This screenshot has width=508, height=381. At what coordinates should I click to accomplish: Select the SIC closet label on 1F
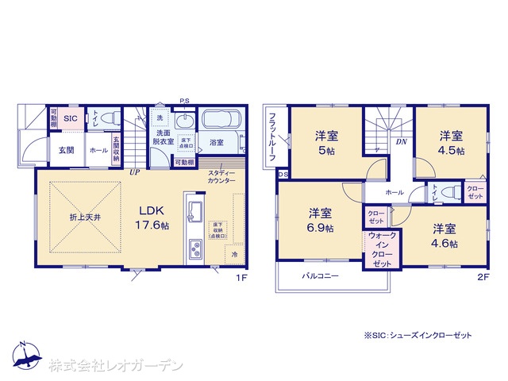click(x=70, y=118)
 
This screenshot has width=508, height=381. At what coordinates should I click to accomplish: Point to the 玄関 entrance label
click(x=65, y=149)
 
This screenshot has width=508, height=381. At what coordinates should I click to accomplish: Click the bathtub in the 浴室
click(x=225, y=121)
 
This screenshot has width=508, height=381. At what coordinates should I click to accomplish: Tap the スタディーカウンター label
click(x=221, y=177)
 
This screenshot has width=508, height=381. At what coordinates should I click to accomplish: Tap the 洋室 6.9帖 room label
click(x=321, y=220)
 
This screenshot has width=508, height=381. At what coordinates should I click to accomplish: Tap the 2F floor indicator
click(x=484, y=278)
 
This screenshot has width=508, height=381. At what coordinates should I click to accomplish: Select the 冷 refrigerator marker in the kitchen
click(x=234, y=255)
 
